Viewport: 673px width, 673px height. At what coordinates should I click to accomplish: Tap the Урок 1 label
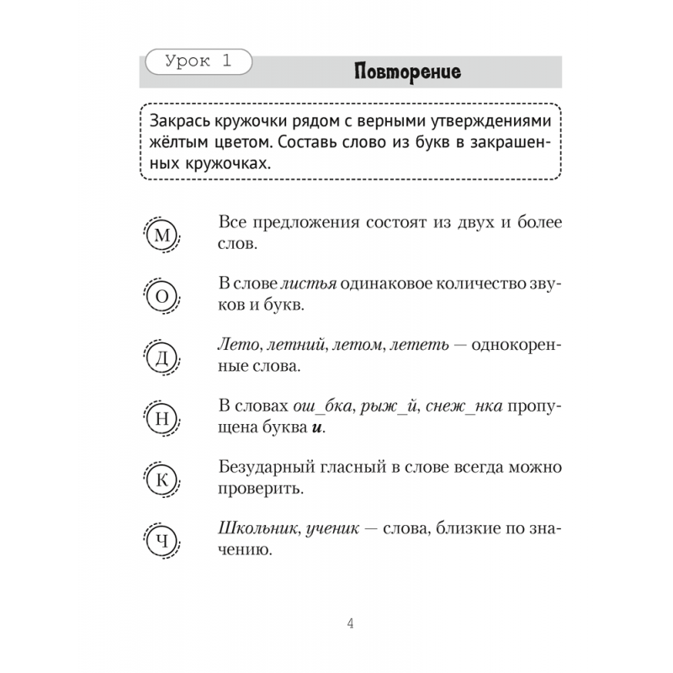pos(199,61)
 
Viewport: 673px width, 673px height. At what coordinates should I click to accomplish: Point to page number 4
pos(351,623)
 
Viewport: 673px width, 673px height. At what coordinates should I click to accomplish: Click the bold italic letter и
pos(316,428)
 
